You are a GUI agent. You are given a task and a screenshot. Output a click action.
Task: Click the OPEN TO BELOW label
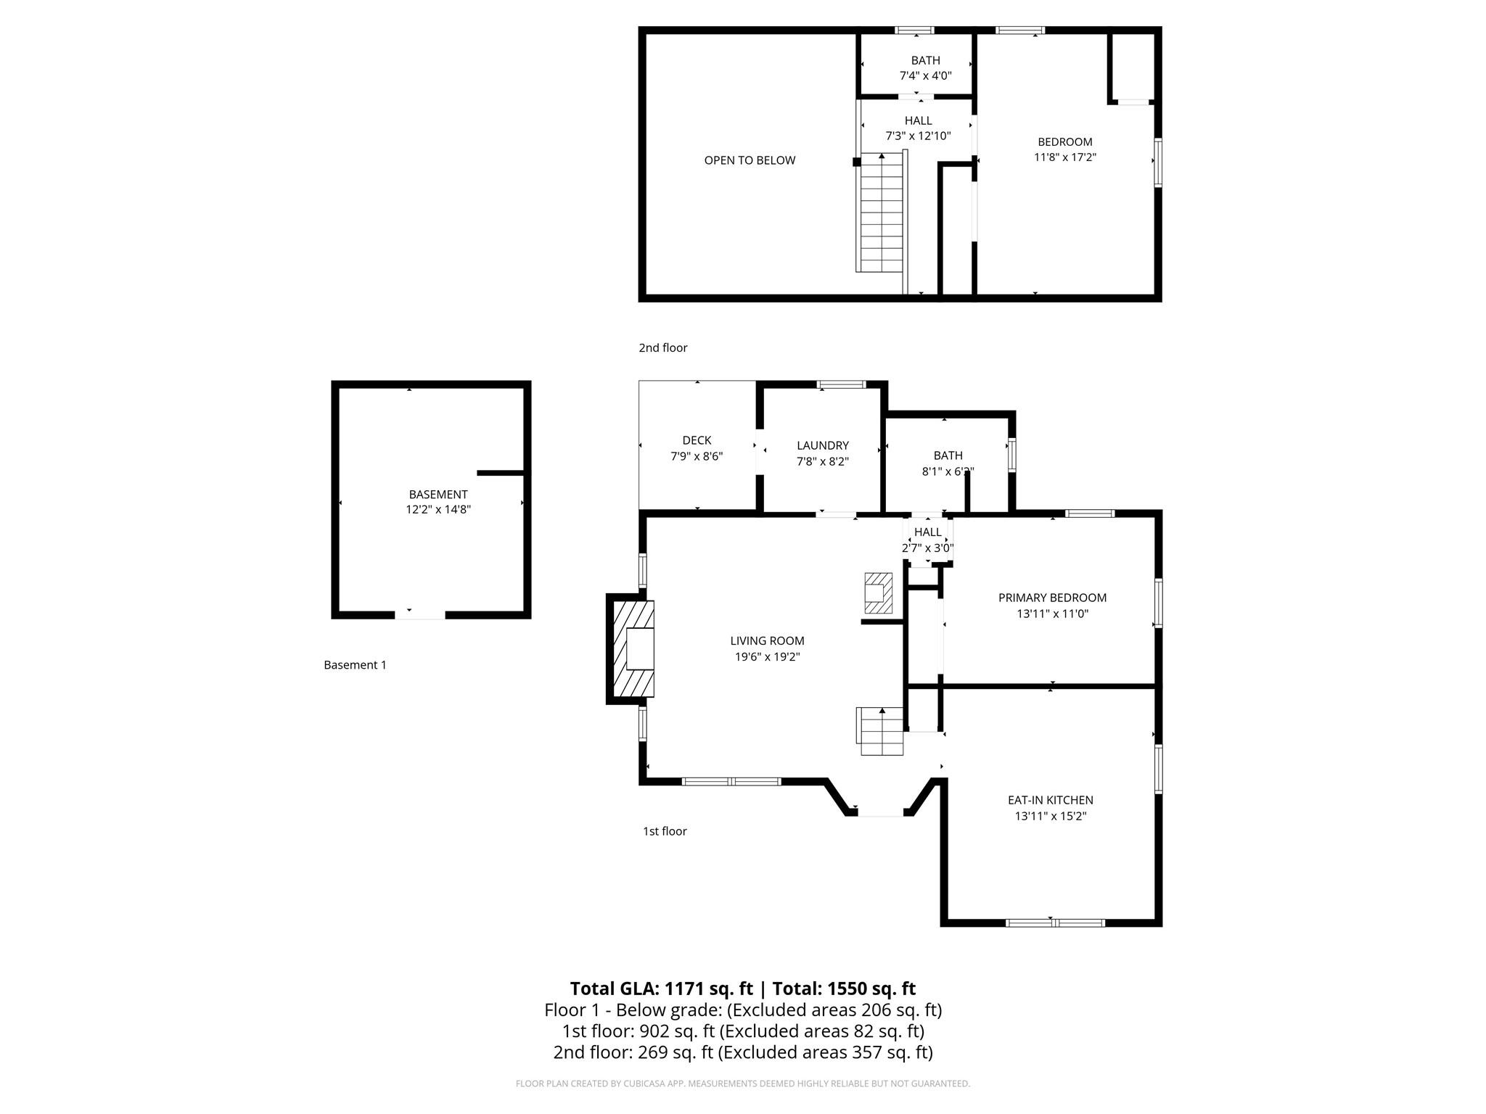click(750, 160)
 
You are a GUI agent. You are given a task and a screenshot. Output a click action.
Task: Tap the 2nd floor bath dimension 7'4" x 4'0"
click(925, 75)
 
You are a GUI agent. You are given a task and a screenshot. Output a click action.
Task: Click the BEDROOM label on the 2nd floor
click(1064, 141)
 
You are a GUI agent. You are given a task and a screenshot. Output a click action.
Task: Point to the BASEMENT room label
click(438, 495)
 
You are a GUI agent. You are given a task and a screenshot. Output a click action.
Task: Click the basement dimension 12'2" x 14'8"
click(438, 510)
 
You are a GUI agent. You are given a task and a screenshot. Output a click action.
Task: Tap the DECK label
click(697, 440)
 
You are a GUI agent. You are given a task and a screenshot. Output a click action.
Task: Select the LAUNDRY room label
click(822, 445)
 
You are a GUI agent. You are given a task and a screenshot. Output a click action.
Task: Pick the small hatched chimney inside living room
click(878, 593)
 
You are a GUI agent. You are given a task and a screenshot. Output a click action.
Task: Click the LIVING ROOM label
click(767, 640)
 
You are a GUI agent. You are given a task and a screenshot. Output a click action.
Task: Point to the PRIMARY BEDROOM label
click(1052, 598)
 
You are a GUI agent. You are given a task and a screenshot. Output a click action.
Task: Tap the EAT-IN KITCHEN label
click(1050, 800)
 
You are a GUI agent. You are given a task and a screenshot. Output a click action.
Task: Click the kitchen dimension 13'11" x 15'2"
click(1050, 816)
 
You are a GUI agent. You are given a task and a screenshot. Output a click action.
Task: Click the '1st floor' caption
click(664, 831)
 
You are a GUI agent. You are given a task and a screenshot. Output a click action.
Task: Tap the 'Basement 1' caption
click(355, 665)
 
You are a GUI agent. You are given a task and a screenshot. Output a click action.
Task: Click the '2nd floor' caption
click(662, 347)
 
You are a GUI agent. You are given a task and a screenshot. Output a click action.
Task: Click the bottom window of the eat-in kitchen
click(1055, 923)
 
